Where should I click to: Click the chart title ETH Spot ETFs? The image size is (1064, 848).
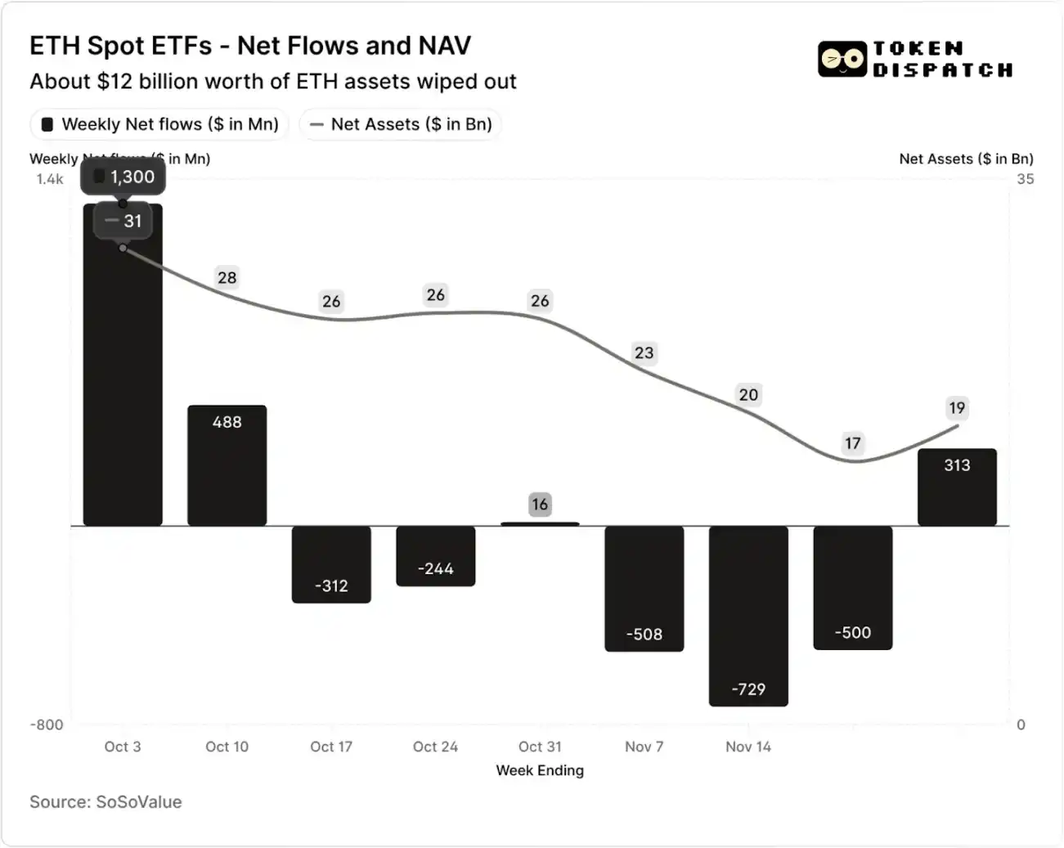point(249,46)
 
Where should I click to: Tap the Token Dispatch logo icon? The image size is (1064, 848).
point(842,59)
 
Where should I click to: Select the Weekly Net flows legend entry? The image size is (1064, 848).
point(160,124)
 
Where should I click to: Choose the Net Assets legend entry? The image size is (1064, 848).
point(401,124)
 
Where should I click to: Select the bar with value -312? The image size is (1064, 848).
point(331,564)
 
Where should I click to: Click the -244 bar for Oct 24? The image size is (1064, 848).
point(435,556)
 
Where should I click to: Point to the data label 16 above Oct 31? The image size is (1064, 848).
point(540,505)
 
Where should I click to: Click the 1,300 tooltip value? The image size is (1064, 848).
point(124,177)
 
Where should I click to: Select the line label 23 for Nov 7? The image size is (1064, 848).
point(644,352)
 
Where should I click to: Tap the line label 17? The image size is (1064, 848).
point(853,443)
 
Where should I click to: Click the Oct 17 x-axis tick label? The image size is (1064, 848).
point(331,747)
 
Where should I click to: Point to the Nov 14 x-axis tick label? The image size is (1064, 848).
point(748,747)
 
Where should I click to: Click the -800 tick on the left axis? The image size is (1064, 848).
point(47,725)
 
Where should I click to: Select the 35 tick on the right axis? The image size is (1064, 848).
point(1025,179)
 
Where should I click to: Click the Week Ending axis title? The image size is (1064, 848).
point(540,770)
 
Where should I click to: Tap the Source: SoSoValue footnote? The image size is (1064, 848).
point(106,802)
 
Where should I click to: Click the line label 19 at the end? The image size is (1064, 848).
point(957,407)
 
